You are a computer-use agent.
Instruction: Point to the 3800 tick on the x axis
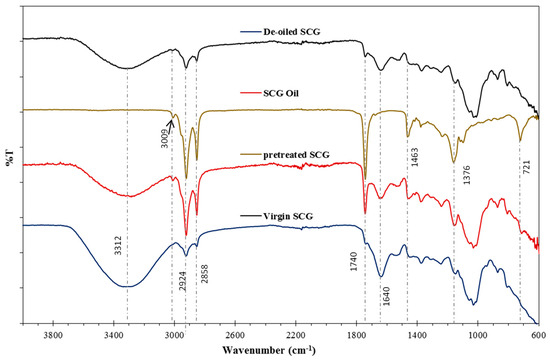coord(52,333)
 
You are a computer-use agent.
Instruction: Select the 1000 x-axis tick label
coord(477,333)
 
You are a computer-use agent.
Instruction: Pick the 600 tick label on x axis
coord(538,333)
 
